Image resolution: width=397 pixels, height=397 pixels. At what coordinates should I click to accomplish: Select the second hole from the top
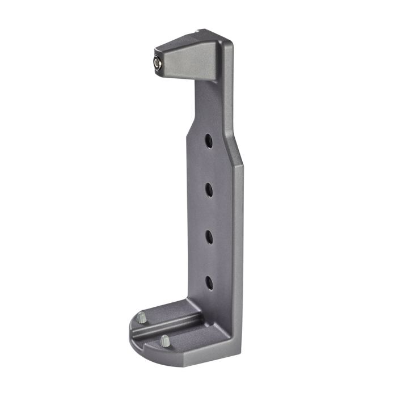[209, 189]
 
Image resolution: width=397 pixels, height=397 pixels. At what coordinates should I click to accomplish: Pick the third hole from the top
[209, 236]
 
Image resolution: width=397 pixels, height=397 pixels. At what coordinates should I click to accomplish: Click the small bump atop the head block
[198, 31]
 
